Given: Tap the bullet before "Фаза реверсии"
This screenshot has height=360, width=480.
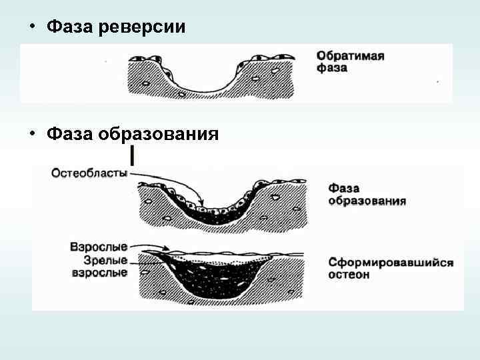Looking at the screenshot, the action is tap(31, 27).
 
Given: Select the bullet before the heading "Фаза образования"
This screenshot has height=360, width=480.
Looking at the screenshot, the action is tap(31, 133).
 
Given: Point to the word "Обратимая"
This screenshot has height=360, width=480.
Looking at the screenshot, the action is tap(350, 55).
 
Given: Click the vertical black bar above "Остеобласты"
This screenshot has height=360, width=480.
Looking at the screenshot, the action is tap(133, 155).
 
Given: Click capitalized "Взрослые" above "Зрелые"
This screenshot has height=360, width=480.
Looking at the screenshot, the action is tap(100, 247).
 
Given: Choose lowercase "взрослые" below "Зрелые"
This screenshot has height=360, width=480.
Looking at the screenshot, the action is tap(100, 273).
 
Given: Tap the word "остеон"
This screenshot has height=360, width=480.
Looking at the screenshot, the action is tap(349, 275).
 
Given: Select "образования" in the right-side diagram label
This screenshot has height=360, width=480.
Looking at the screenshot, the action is tap(367, 200).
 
